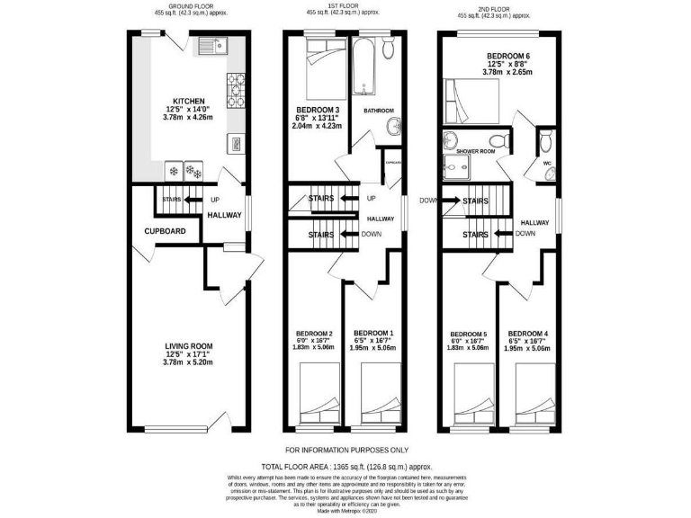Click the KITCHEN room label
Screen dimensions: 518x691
[x=190, y=101]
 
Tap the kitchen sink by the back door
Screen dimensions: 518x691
[x=213, y=45]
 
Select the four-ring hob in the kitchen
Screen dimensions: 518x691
[x=237, y=87]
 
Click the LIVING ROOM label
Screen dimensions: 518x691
[x=189, y=345]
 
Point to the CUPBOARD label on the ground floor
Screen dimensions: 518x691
[x=166, y=231]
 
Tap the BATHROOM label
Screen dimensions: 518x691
[x=378, y=111]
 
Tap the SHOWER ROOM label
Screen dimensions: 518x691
[x=476, y=151]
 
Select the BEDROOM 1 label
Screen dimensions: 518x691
[x=373, y=334]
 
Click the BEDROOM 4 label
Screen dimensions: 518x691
[x=528, y=334]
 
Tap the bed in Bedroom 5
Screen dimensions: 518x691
[x=475, y=395]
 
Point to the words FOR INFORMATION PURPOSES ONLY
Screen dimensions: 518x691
[x=346, y=450]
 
